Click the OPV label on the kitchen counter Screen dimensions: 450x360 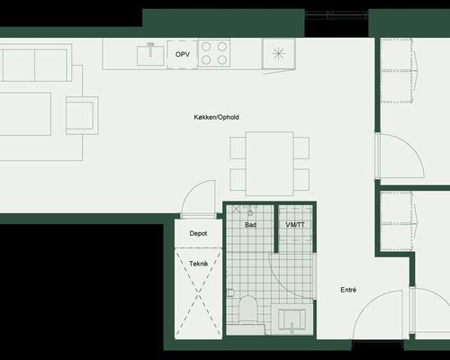pos(183,55)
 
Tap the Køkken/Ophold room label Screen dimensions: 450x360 pos(216,117)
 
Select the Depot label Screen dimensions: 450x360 pos(198,233)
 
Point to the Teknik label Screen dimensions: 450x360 pos(199,264)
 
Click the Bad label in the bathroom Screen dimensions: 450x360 pos(250,225)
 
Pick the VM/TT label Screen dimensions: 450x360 pos(295,225)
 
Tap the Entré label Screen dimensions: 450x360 pos(348,290)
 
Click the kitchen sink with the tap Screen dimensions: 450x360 pos(150,54)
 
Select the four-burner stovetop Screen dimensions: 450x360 pos(214,53)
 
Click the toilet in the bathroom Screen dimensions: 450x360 pos(248,309)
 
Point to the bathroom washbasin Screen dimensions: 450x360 pos(292,319)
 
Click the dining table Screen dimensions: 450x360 pos(269,164)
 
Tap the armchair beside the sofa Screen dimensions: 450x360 pos(83,115)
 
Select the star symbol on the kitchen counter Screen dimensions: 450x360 pos(279,54)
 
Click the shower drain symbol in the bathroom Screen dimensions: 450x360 pos(250,213)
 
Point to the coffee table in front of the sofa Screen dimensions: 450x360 pos(24,114)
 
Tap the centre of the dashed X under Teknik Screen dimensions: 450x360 pos(199,293)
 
